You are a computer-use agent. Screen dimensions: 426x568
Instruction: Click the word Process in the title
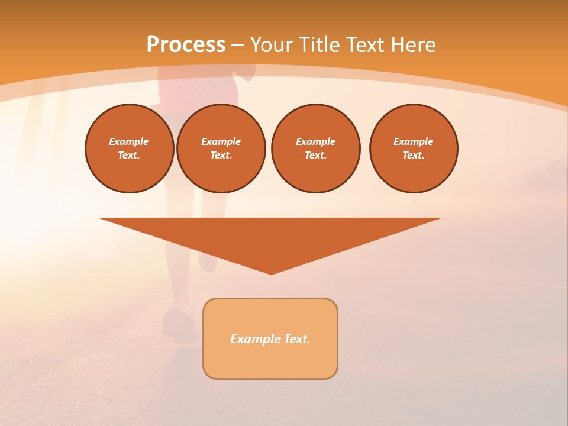pos(186,45)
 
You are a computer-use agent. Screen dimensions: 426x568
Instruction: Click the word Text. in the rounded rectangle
pos(296,339)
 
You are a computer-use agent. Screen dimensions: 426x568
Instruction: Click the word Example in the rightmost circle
pos(414,141)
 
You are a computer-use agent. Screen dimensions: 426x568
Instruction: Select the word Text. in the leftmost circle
pos(129,156)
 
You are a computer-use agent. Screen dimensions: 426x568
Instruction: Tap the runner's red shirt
pos(201,89)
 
